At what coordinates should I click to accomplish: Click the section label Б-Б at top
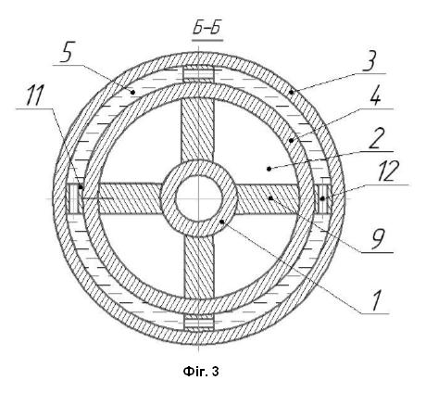(207, 30)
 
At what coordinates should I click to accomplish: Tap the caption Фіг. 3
(201, 371)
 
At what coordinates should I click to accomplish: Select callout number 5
(66, 53)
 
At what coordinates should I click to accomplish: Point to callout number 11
(33, 95)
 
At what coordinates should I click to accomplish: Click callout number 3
(370, 62)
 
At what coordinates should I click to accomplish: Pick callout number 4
(375, 96)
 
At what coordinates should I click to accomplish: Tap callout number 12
(385, 171)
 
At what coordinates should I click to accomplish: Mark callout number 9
(378, 239)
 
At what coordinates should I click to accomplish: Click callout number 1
(375, 300)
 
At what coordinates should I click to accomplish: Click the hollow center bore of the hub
(199, 198)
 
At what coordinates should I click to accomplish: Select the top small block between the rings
(198, 74)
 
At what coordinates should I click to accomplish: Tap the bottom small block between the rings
(198, 323)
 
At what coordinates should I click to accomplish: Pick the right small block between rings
(323, 198)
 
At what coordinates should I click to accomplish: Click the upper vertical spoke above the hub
(197, 129)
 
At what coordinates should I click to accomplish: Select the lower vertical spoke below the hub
(199, 266)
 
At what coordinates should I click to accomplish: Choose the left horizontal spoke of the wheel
(130, 198)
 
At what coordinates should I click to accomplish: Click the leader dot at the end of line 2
(269, 169)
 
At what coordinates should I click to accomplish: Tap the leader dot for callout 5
(133, 92)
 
